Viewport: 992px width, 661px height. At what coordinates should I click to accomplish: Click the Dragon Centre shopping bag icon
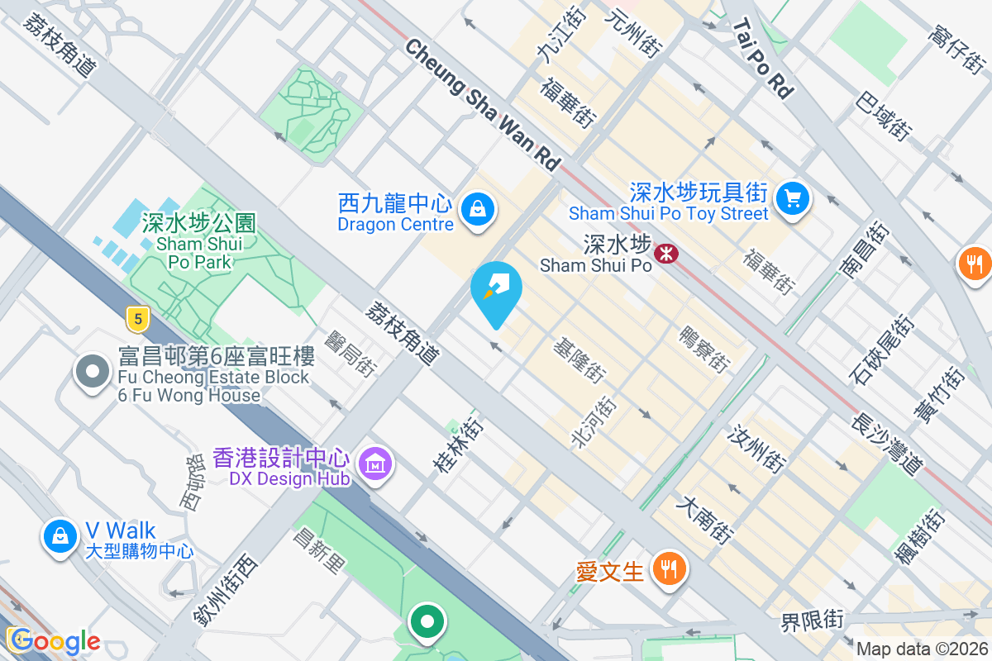click(478, 209)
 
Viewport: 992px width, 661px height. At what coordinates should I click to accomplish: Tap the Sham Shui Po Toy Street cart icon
click(793, 198)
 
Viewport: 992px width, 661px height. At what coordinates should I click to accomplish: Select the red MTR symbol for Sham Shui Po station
click(665, 253)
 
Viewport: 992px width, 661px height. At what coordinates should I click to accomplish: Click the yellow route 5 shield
click(137, 316)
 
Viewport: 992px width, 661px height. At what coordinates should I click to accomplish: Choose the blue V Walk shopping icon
click(60, 535)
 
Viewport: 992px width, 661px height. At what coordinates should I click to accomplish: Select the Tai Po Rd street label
click(761, 59)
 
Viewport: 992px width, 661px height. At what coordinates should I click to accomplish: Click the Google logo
click(54, 641)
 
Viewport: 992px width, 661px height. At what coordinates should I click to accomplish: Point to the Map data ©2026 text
click(922, 649)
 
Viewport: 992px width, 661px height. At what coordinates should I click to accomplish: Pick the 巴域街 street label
click(884, 117)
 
